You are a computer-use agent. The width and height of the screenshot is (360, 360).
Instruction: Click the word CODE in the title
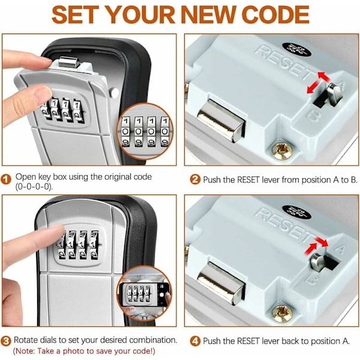(x=275, y=14)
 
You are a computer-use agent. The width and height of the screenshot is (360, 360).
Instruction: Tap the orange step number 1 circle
(x=6, y=179)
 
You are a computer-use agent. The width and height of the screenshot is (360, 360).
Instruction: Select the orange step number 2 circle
(x=195, y=179)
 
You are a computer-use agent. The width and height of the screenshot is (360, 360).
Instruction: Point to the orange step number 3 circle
(x=6, y=341)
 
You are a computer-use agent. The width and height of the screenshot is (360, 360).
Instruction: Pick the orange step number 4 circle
(x=195, y=341)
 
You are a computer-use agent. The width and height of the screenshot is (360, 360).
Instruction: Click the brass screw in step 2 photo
(x=282, y=151)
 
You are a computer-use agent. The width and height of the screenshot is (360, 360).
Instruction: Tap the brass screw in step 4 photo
(x=282, y=313)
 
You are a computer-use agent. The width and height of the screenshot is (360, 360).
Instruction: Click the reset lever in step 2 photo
(x=334, y=94)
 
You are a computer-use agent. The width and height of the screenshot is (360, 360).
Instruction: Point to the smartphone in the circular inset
(x=145, y=295)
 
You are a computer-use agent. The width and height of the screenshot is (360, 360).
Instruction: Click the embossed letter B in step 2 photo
(x=313, y=115)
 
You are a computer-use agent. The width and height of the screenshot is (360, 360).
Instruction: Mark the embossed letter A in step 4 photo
(x=340, y=248)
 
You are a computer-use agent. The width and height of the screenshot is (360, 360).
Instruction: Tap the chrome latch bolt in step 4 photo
(x=221, y=283)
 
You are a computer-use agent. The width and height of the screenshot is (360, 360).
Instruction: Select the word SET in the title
(x=76, y=14)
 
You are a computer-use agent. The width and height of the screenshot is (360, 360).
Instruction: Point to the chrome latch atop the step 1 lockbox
(x=69, y=62)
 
